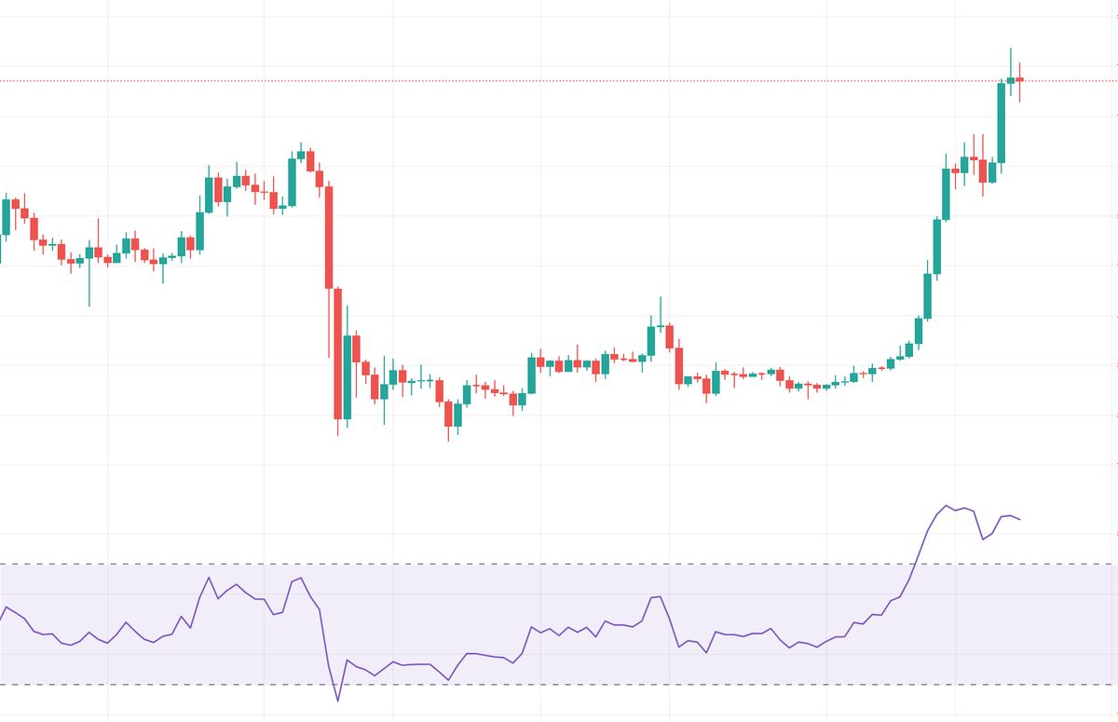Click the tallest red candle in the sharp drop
click(x=329, y=238)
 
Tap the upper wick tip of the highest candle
click(x=1011, y=49)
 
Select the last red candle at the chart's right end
click(x=1020, y=79)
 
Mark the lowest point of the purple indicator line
click(x=338, y=701)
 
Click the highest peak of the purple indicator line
click(x=947, y=506)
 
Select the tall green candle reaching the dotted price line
click(x=1002, y=123)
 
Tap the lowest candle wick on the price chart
click(x=448, y=440)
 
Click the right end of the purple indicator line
click(x=1020, y=519)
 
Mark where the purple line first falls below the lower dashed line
click(x=333, y=685)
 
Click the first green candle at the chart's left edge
click(x=7, y=216)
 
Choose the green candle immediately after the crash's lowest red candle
click(x=348, y=377)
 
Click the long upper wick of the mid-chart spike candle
click(x=661, y=309)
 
